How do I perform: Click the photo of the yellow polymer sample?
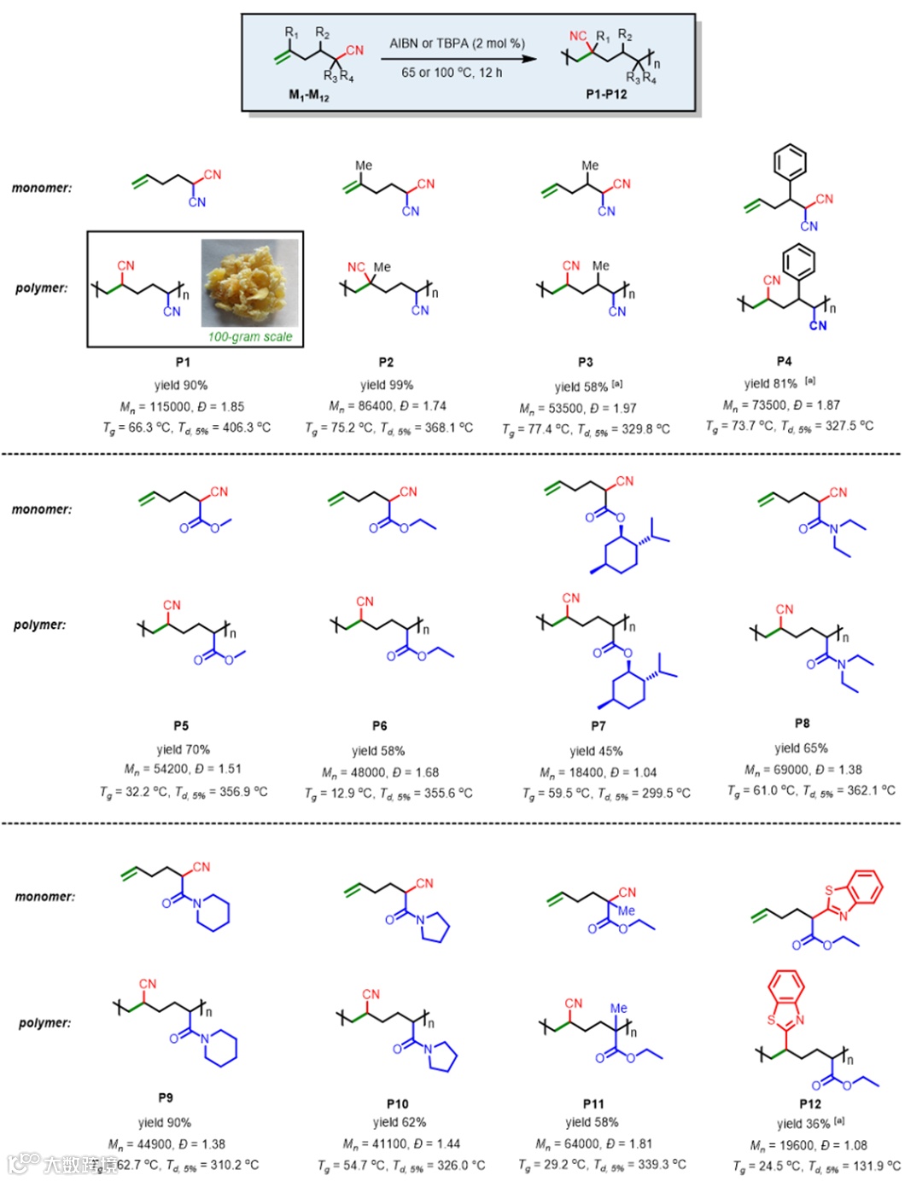pyautogui.click(x=250, y=282)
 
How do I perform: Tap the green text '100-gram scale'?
pyautogui.click(x=249, y=337)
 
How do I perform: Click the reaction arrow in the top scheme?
pyautogui.click(x=458, y=58)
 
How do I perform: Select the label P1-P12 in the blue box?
pyautogui.click(x=606, y=94)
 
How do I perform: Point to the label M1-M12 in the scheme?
pyautogui.click(x=308, y=96)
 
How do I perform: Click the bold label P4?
pyautogui.click(x=784, y=361)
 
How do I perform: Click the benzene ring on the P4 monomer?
pyautogui.click(x=790, y=160)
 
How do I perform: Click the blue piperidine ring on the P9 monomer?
pyautogui.click(x=213, y=914)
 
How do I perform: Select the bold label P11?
pyautogui.click(x=593, y=1103)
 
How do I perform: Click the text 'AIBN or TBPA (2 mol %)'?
pyautogui.click(x=457, y=43)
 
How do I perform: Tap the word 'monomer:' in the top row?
pyautogui.click(x=42, y=188)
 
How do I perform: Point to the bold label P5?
pyautogui.click(x=181, y=725)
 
